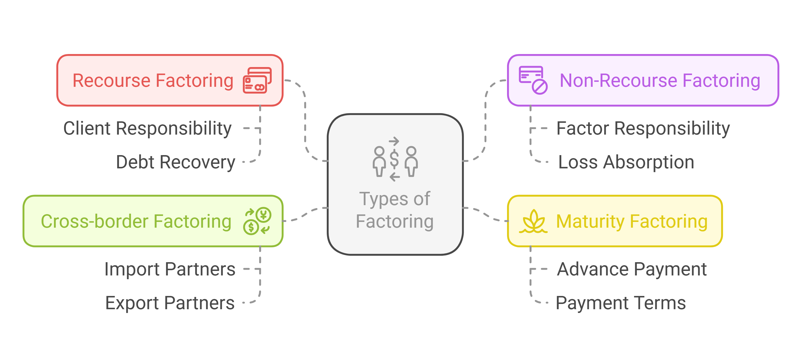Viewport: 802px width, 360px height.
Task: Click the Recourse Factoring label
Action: [x=153, y=81]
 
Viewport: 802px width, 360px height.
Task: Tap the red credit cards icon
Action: [x=257, y=80]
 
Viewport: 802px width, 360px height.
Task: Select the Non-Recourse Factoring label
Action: [x=660, y=81]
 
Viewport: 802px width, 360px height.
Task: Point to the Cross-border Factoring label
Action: [x=136, y=221]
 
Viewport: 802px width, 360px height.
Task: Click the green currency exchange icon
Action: [x=257, y=221]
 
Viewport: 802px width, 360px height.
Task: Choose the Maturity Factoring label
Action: [x=632, y=221]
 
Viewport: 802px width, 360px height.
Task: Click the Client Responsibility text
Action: [x=147, y=128]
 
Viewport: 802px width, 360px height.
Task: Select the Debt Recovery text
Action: [x=175, y=162]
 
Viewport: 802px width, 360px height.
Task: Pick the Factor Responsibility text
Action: [x=643, y=128]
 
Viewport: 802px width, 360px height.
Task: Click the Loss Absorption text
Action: [x=626, y=162]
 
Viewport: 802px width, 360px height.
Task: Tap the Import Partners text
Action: [x=170, y=269]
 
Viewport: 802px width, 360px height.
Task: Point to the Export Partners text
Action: [x=170, y=303]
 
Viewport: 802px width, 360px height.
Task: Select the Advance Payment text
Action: [x=632, y=269]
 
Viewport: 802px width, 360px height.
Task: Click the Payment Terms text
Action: [x=621, y=303]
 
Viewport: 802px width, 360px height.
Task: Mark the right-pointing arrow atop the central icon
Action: [x=394, y=141]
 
